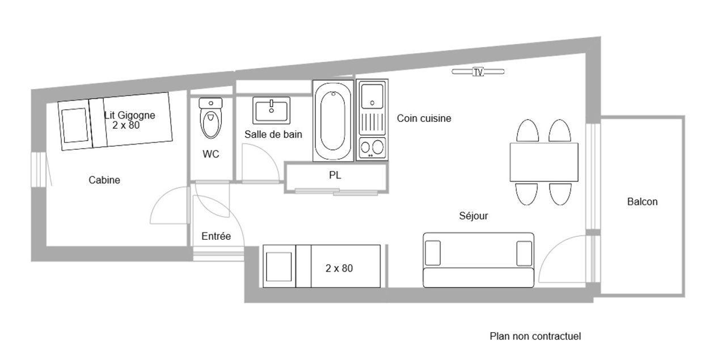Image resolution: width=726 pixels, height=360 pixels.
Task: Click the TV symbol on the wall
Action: pyautogui.click(x=478, y=72)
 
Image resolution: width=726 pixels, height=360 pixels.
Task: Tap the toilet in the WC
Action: pyautogui.click(x=210, y=118)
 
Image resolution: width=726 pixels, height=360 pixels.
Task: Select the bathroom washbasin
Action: pyautogui.click(x=271, y=111)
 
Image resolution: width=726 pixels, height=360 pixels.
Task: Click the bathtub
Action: pyautogui.click(x=333, y=121)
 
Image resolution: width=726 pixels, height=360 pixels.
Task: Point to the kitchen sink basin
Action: pyautogui.click(x=373, y=96)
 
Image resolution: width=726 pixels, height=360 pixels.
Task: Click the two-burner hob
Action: pyautogui.click(x=372, y=148)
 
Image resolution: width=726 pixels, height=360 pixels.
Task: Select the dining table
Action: pyautogui.click(x=544, y=162)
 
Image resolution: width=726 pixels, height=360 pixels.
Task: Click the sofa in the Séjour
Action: pyautogui.click(x=478, y=260)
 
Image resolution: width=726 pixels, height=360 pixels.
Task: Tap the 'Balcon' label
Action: pyautogui.click(x=643, y=202)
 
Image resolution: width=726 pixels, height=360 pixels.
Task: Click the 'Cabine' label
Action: pyautogui.click(x=104, y=180)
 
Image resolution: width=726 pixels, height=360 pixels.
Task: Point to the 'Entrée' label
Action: pyautogui.click(x=216, y=236)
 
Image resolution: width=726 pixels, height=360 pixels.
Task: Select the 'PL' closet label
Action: pyautogui.click(x=335, y=175)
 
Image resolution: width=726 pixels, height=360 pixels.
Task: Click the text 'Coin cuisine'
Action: pyautogui.click(x=424, y=118)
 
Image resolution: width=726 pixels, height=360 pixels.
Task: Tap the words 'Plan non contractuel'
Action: pyautogui.click(x=535, y=336)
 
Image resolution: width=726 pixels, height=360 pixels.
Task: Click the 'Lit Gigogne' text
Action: pyautogui.click(x=130, y=115)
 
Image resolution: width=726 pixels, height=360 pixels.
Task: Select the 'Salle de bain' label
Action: pyautogui.click(x=273, y=134)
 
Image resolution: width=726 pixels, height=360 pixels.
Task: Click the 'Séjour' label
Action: pyautogui.click(x=474, y=216)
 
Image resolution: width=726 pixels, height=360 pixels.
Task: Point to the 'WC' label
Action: pyautogui.click(x=210, y=154)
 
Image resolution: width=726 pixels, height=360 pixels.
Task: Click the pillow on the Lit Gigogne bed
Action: pyautogui.click(x=75, y=125)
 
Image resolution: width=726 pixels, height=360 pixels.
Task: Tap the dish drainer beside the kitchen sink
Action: pyautogui.click(x=373, y=122)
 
